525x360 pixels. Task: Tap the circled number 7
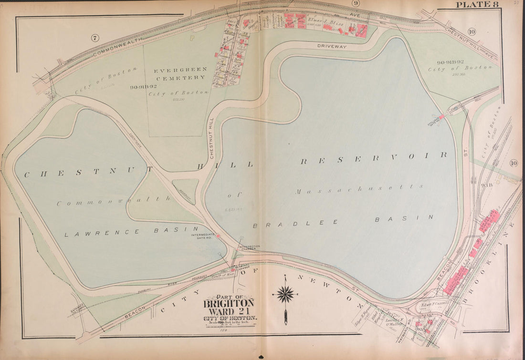[x=95, y=37]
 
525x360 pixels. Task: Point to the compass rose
[x=285, y=294]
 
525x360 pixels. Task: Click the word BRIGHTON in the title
[x=229, y=303]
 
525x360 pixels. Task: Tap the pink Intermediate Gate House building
[x=218, y=236]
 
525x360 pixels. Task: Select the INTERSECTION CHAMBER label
[x=250, y=248]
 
